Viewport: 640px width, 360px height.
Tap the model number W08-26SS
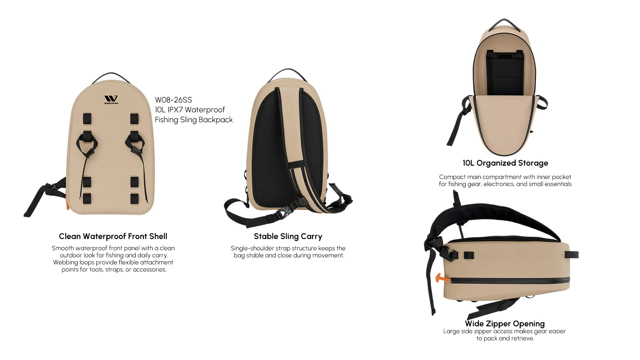coord(173,100)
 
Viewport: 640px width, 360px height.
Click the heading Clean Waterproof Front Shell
coord(113,236)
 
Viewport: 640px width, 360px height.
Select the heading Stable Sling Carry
coord(288,236)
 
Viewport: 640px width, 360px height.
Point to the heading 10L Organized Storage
coord(505,163)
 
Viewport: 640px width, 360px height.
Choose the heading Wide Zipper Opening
coord(505,324)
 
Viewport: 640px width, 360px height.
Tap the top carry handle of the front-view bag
coord(111,77)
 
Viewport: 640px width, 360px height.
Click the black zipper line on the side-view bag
coord(510,280)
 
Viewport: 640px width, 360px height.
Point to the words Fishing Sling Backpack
coord(194,120)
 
